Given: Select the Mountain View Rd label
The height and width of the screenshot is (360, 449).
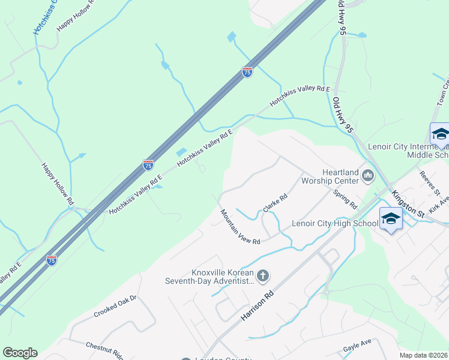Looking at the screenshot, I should tap(240, 227).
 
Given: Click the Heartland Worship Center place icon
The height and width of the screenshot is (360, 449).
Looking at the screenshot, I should tap(368, 176).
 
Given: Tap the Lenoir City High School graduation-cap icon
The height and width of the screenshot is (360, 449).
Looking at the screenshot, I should tap(391, 219).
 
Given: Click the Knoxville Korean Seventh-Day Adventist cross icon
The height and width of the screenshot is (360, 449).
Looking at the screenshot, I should tap(262, 276).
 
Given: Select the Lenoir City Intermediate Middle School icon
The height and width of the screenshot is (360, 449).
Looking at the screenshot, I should tap(440, 134).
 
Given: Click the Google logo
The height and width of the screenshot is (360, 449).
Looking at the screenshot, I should tap(20, 353).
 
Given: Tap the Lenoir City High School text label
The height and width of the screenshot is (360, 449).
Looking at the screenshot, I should tap(334, 224).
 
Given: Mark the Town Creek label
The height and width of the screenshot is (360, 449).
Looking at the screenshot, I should tap(442, 90).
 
